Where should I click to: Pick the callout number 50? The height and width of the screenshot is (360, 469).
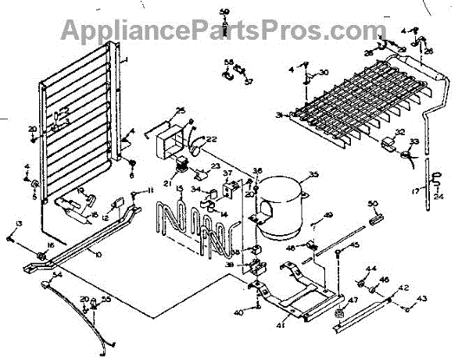coord(372,205)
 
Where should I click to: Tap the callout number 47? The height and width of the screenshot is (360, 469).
coord(353,300)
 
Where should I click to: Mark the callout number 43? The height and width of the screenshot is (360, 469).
coord(424,298)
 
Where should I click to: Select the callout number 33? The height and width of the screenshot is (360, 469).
coord(415,141)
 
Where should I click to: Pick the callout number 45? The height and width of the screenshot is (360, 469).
coord(354,245)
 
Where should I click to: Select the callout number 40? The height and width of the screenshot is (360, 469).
coord(239,312)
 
